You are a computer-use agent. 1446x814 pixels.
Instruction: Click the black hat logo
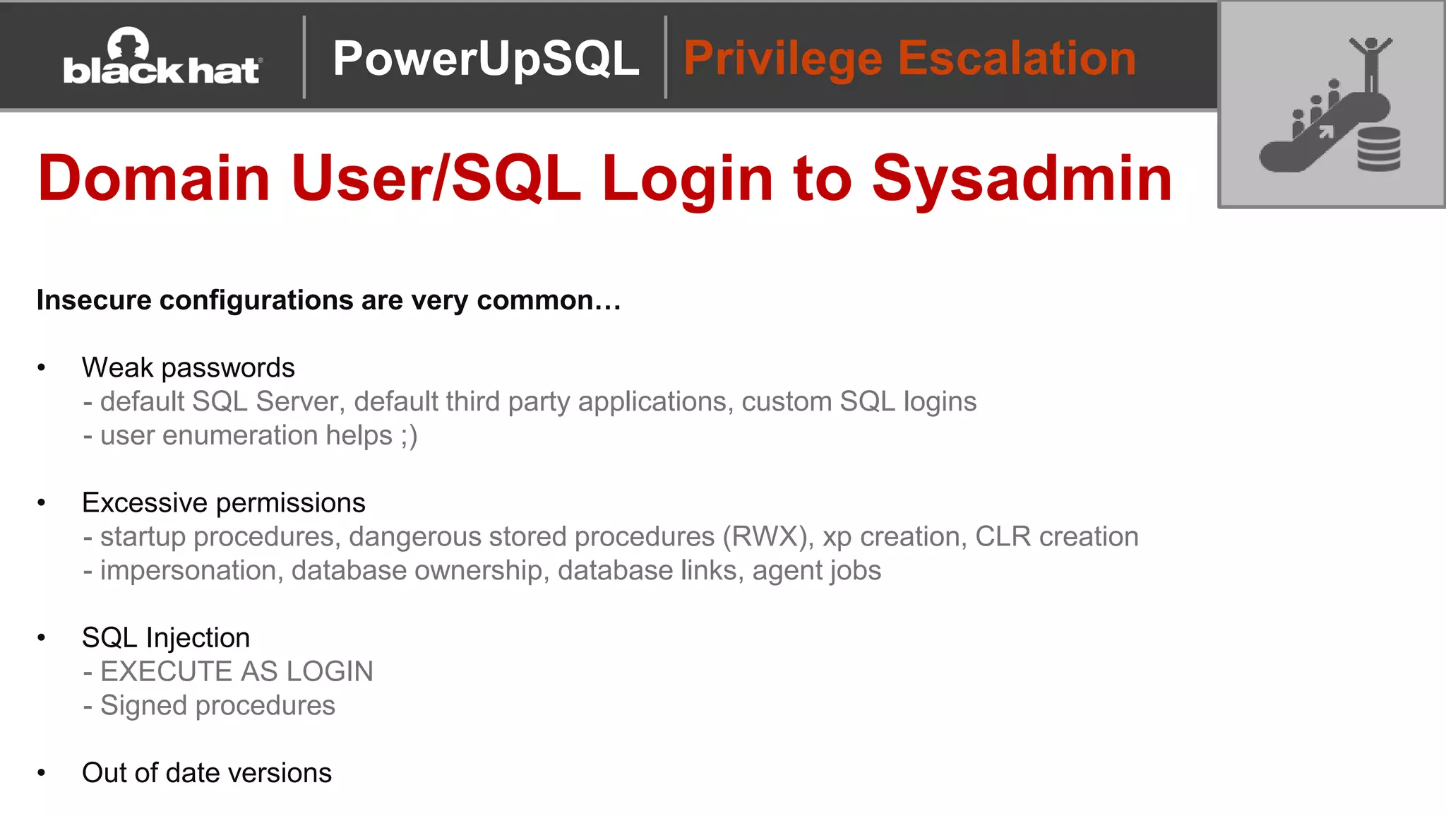162,58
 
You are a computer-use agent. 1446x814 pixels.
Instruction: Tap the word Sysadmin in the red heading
1022,178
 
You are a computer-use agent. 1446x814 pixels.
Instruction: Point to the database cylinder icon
1378,149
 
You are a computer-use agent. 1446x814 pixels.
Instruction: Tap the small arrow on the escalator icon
1326,131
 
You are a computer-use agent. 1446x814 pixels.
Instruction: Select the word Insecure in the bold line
94,300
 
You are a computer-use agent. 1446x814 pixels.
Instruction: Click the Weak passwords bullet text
188,367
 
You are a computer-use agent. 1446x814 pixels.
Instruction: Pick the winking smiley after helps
409,436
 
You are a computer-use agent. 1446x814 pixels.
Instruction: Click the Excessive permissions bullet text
223,502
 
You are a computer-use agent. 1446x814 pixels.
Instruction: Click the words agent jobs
817,571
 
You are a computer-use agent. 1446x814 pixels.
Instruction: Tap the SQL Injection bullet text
166,638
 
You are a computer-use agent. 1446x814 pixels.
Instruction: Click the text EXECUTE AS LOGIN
237,672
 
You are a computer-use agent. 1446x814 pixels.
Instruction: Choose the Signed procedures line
217,706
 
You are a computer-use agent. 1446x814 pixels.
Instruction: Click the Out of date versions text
206,773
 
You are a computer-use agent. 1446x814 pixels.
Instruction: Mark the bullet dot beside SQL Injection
42,638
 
